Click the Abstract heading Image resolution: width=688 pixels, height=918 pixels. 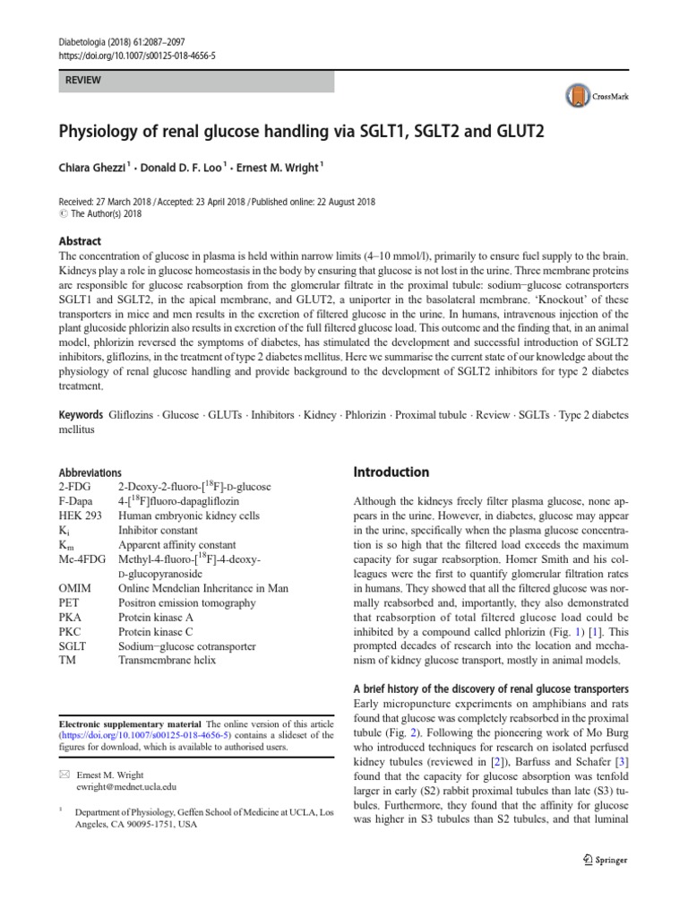(80, 241)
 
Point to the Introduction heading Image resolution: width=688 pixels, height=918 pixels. (391, 472)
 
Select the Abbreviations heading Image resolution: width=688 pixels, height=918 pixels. (90, 472)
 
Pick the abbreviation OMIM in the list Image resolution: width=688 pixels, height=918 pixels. (74, 588)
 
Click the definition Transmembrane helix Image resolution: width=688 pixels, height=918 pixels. (167, 661)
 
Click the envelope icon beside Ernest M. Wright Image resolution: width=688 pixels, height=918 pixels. (64, 775)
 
